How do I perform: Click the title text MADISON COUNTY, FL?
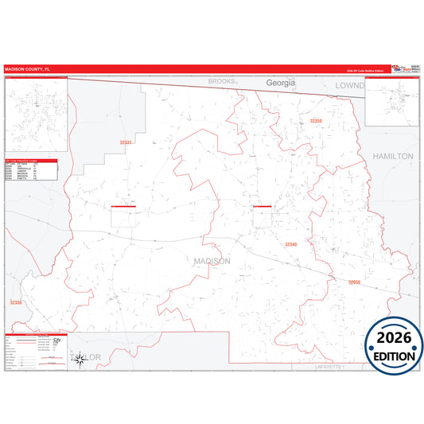(27, 69)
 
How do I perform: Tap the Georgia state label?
(280, 83)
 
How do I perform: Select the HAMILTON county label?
(393, 157)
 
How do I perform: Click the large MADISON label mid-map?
(212, 261)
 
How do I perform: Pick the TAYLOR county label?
(88, 357)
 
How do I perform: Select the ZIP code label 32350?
(316, 121)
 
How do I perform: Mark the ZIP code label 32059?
(354, 282)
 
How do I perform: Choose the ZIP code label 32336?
(16, 302)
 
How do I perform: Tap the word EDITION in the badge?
(394, 356)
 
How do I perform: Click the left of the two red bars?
(123, 207)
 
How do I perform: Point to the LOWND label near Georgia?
(348, 84)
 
